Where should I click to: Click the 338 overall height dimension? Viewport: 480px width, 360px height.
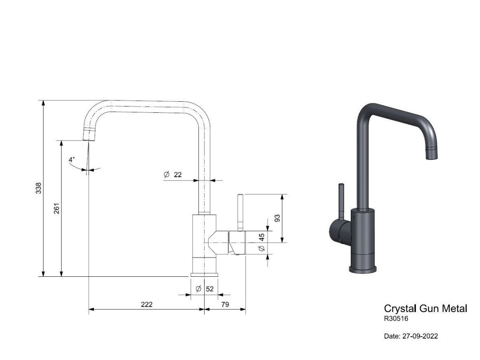[38, 188]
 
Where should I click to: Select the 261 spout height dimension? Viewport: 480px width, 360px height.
[57, 208]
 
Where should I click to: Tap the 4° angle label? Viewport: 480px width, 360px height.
[72, 159]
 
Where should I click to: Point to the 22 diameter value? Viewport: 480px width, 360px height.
[178, 175]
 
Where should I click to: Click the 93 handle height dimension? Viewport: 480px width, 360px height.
[277, 218]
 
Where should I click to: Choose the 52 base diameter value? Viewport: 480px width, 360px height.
[210, 289]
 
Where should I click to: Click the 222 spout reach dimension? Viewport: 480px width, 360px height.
[146, 304]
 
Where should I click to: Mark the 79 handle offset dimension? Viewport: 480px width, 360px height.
[225, 304]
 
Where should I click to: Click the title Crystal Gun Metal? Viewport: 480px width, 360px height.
[425, 309]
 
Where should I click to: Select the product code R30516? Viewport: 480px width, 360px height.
[396, 318]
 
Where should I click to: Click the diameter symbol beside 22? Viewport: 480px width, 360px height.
[166, 175]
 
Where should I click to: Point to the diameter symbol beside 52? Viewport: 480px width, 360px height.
[199, 289]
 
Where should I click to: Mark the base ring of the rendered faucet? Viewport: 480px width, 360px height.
[363, 269]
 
